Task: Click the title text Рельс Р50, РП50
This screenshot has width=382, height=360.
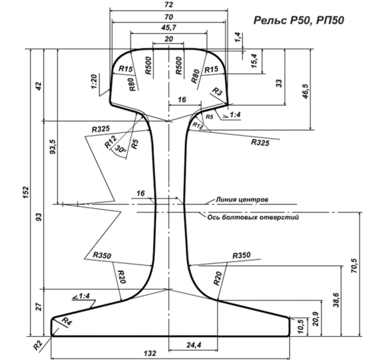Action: [298, 20]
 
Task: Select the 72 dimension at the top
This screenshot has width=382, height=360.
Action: [169, 5]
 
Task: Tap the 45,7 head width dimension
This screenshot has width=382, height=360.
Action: [169, 28]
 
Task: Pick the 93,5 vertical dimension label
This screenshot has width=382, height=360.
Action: [51, 148]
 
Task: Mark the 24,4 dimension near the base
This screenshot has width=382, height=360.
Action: [194, 345]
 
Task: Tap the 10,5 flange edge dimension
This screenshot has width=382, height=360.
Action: [300, 327]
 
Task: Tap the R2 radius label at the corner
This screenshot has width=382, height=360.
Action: [40, 345]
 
